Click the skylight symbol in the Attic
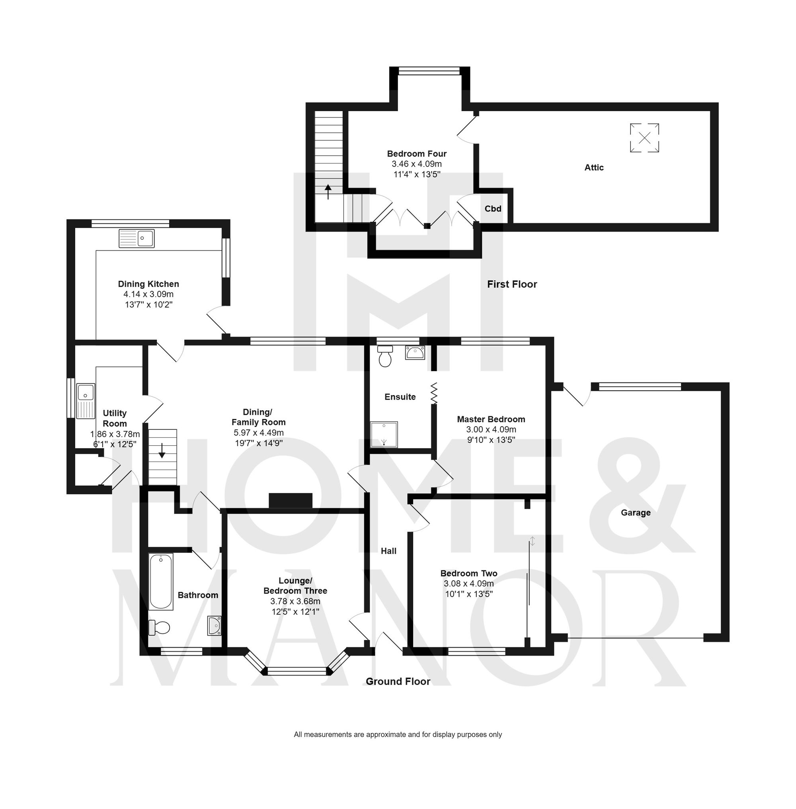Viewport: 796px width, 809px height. click(x=644, y=138)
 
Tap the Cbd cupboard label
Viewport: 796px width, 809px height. click(x=493, y=209)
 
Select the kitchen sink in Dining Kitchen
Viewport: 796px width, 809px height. click(x=137, y=239)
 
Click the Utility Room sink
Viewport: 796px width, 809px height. click(x=86, y=401)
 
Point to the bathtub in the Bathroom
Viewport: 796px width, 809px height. click(x=161, y=582)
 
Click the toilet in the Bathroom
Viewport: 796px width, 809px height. click(x=159, y=627)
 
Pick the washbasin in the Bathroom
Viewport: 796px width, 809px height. click(x=215, y=626)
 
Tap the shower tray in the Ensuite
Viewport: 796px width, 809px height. click(x=384, y=435)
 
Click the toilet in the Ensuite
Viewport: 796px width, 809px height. click(x=385, y=356)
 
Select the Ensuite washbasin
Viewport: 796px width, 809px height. click(x=415, y=353)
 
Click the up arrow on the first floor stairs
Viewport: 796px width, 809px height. click(x=328, y=192)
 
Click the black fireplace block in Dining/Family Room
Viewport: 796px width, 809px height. click(x=291, y=501)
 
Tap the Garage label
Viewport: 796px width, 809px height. click(x=636, y=512)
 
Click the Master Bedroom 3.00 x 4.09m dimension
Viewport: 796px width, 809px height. click(x=491, y=430)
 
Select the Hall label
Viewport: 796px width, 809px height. click(x=388, y=551)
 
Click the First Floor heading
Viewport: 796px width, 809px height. click(x=512, y=284)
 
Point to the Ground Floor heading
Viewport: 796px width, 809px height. click(x=398, y=682)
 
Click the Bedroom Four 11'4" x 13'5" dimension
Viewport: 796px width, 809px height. click(x=417, y=174)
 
